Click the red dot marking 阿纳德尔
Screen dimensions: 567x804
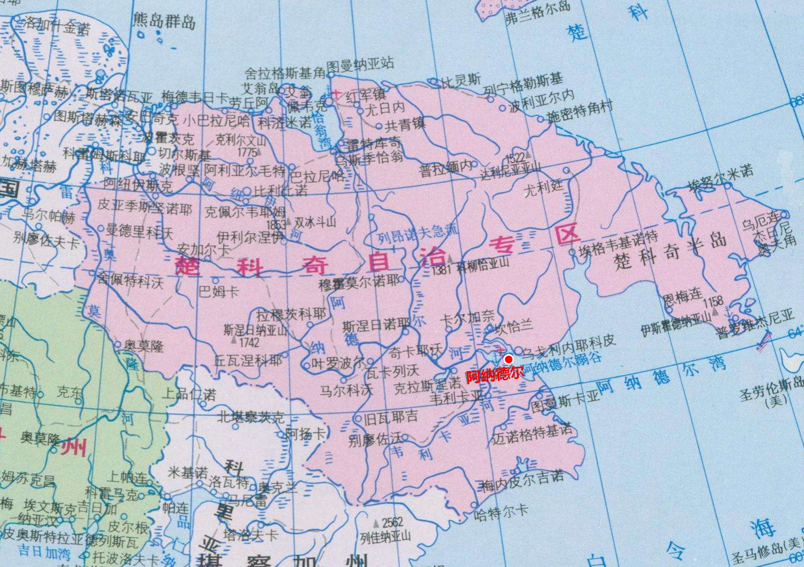[x=508, y=359]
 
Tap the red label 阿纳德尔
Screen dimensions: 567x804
[x=495, y=375]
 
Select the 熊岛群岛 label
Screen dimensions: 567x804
[x=164, y=21]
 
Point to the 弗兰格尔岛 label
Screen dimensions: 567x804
[x=537, y=13]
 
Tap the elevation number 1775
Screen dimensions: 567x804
[x=247, y=151]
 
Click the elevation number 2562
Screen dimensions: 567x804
[x=392, y=522]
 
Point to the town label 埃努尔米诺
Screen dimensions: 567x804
[x=721, y=178]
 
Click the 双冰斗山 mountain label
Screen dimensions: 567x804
[x=315, y=222]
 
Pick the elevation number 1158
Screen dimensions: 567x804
[x=713, y=302]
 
